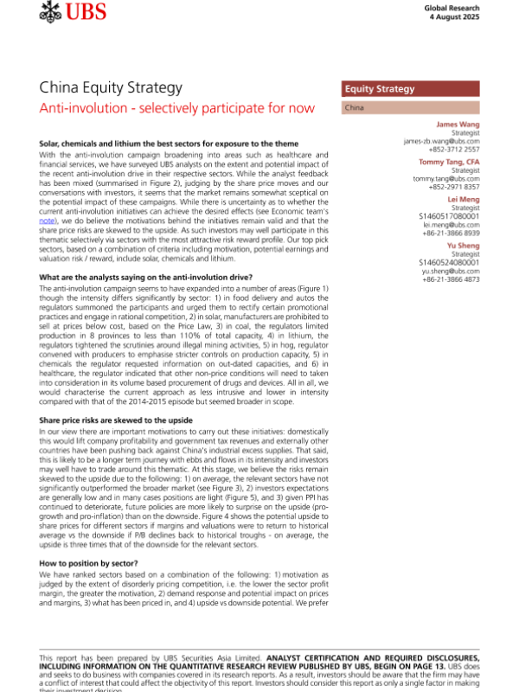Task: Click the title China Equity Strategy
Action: (111, 88)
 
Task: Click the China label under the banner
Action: (355, 108)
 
